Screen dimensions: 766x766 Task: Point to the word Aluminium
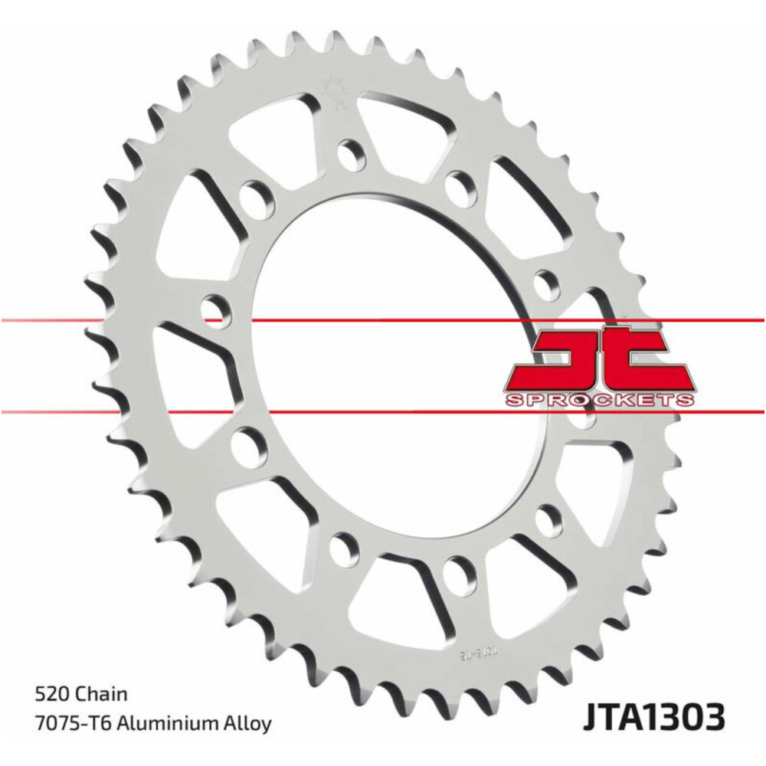[177, 722]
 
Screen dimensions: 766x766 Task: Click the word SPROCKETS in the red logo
[600, 400]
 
